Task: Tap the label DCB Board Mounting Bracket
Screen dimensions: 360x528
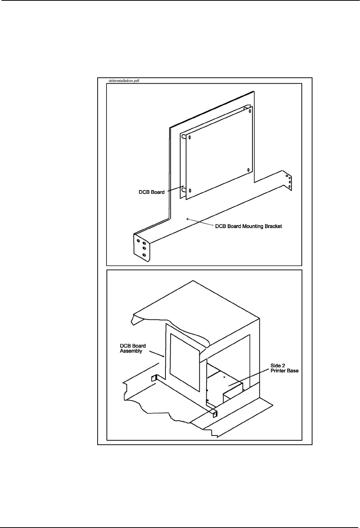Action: tap(248, 226)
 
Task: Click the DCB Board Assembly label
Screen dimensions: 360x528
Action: tap(133, 349)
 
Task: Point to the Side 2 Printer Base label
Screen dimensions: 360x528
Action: tap(284, 368)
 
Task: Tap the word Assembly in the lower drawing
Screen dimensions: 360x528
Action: tap(131, 351)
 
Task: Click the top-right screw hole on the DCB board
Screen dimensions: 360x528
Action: tap(250, 111)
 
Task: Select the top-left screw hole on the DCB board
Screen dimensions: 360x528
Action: tap(190, 137)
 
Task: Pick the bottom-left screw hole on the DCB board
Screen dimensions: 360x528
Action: tap(190, 190)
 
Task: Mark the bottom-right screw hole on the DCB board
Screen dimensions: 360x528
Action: tap(249, 170)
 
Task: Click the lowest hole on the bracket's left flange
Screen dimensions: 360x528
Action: tap(144, 255)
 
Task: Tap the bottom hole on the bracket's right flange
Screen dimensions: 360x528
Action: tap(290, 187)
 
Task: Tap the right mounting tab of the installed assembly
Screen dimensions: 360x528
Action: tap(216, 414)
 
